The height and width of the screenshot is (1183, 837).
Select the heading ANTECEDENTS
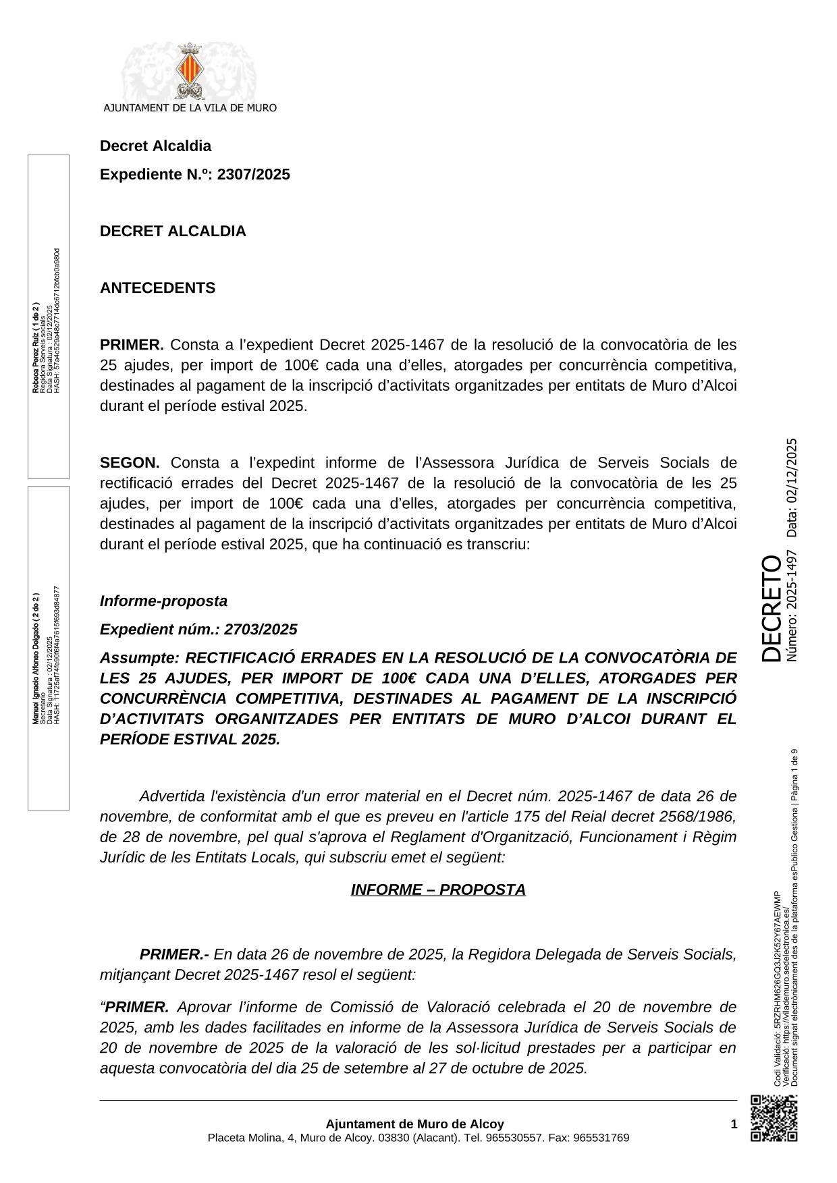pos(157,288)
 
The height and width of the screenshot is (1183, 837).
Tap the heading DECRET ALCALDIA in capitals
pos(173,231)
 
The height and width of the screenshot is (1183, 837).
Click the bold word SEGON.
pos(130,463)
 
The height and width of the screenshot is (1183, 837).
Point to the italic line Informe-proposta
pos(163,601)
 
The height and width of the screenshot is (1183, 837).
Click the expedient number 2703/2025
pos(261,630)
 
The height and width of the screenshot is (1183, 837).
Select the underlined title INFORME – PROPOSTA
pos(438,890)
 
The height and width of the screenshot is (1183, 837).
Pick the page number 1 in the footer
pos(734,1124)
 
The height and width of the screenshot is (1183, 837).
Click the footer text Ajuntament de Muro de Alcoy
pos(414,1124)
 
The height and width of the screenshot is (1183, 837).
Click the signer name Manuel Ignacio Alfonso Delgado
pos(35,658)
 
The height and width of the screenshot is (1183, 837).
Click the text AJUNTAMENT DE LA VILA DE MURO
pos(190,107)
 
